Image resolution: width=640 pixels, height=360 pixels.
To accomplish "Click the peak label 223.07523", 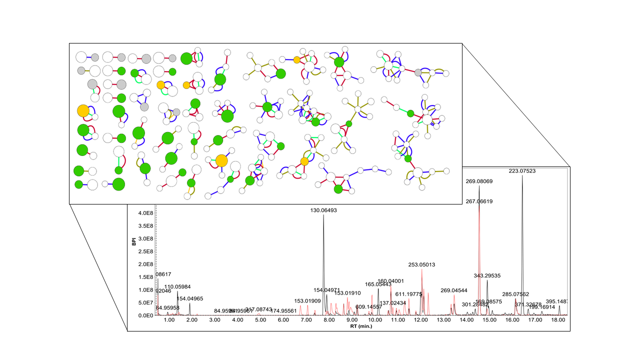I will click(522, 171).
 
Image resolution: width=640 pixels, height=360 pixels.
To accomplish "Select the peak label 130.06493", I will click(323, 210).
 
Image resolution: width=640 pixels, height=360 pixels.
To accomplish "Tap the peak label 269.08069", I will click(479, 181).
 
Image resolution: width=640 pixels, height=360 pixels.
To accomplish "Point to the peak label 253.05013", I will click(421, 264).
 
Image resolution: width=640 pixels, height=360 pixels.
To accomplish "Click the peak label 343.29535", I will click(487, 275).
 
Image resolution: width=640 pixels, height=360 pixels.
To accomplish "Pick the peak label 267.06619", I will click(479, 201).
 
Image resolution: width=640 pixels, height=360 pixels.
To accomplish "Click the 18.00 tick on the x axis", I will click(558, 320).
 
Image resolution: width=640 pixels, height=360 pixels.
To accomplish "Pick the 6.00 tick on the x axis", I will click(283, 320).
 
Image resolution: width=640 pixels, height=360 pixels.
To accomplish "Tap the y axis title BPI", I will click(133, 242).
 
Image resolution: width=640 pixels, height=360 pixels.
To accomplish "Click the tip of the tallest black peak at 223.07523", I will click(522, 175).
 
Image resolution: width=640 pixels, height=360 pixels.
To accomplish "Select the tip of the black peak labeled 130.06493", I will click(323, 215).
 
